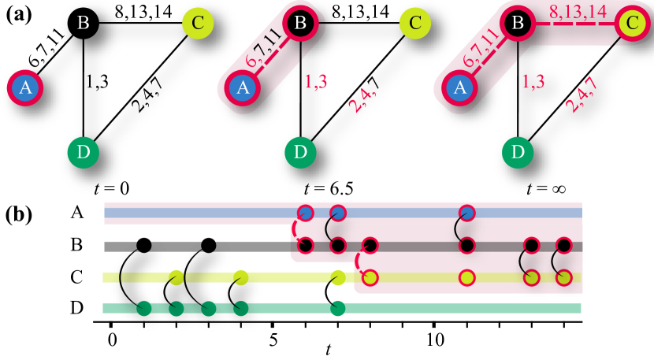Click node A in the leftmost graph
25,88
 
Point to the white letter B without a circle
83,23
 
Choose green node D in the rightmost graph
518,152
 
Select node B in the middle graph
300,24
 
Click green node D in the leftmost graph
83,152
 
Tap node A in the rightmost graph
459,87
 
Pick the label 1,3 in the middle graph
316,81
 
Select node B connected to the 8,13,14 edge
518,24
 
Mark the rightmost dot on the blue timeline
467,213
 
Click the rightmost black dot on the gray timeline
563,245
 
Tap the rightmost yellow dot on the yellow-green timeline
563,277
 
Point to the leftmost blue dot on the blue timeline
306,213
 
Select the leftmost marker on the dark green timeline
144,308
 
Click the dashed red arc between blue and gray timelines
295,229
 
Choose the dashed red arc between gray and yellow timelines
359,262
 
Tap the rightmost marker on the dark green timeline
338,308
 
